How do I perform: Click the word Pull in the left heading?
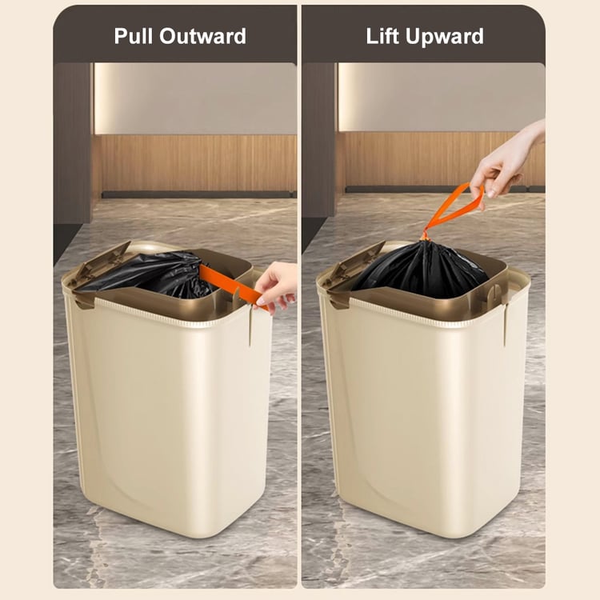tap(134, 36)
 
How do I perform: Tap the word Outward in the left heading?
tap(203, 36)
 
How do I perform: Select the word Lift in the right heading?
tap(382, 36)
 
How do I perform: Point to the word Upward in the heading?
tap(445, 37)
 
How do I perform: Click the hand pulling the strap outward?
tap(275, 285)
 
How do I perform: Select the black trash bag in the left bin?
tap(153, 274)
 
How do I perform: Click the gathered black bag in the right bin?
tap(421, 268)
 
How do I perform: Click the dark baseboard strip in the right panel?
tap(445, 189)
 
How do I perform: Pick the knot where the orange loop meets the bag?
tap(423, 238)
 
